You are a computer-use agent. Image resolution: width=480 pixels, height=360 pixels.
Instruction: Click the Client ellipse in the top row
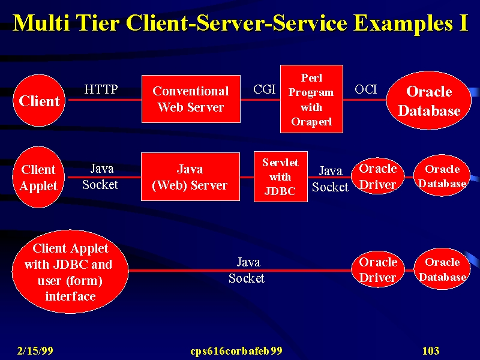coord(39,100)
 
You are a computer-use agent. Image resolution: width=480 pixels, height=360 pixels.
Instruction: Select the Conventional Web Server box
coord(191,99)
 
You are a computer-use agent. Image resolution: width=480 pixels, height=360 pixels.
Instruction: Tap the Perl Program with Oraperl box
coord(311,99)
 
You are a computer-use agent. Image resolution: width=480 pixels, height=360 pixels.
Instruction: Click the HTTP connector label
coord(101,89)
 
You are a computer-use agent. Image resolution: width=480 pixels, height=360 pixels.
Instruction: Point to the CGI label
coord(265,89)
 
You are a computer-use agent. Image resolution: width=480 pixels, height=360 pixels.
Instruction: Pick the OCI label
coord(366,89)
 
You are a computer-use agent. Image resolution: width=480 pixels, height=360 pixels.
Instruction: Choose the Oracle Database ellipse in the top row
coord(429,100)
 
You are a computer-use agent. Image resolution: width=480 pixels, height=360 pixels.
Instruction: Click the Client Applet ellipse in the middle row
coord(38,177)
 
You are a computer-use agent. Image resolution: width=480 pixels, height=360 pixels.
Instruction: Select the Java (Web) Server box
coord(190,176)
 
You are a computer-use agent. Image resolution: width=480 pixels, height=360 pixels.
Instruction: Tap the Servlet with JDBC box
coord(281,176)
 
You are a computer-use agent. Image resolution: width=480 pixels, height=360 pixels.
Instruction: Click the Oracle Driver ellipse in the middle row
coord(378,176)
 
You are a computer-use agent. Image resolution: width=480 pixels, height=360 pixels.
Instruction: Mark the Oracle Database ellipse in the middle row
coord(442,175)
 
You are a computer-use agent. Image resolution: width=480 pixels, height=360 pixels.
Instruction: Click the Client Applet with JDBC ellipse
coord(70,272)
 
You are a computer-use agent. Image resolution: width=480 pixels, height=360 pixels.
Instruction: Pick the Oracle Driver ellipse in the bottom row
coord(378,269)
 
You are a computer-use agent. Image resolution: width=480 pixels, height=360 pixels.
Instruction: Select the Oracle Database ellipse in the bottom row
coord(442,269)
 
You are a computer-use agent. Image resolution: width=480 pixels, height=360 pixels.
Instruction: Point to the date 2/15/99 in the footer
coord(35,350)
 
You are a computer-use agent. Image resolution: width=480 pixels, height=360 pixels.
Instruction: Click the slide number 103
coord(431,350)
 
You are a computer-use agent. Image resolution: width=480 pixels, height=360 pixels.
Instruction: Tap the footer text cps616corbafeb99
coord(236,351)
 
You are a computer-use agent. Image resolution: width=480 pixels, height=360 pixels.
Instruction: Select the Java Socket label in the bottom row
coord(247,270)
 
